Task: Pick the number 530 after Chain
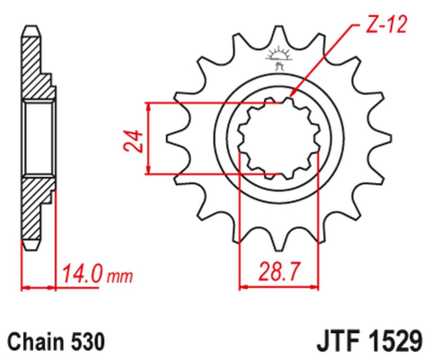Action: pos(90,342)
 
